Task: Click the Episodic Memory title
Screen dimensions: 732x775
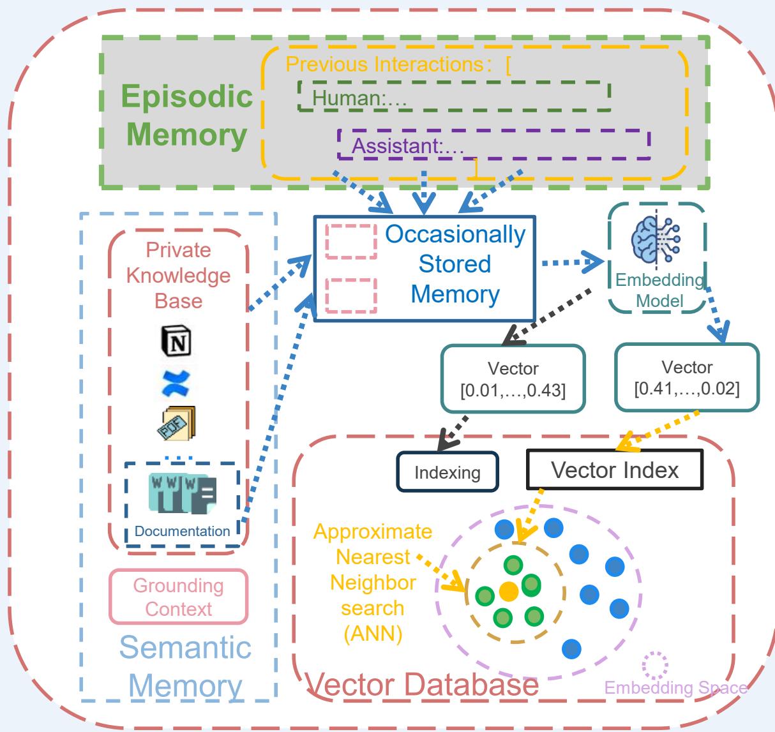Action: pyautogui.click(x=186, y=116)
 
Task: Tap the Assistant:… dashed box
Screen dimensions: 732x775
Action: pyautogui.click(x=493, y=145)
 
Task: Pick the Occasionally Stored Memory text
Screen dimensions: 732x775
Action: pyautogui.click(x=455, y=264)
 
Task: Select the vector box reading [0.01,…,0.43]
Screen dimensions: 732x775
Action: pyautogui.click(x=513, y=380)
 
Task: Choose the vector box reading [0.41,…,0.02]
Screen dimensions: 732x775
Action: pyautogui.click(x=687, y=378)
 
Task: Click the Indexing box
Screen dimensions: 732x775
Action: pyautogui.click(x=447, y=472)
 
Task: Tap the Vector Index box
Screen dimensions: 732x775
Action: pyautogui.click(x=615, y=470)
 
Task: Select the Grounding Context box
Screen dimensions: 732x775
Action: pyautogui.click(x=178, y=597)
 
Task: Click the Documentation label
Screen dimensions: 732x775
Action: pyautogui.click(x=182, y=531)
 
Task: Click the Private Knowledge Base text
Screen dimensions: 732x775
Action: pyautogui.click(x=178, y=275)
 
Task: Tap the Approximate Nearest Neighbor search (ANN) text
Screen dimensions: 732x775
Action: pyautogui.click(x=372, y=582)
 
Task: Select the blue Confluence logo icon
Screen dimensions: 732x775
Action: pyautogui.click(x=178, y=382)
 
